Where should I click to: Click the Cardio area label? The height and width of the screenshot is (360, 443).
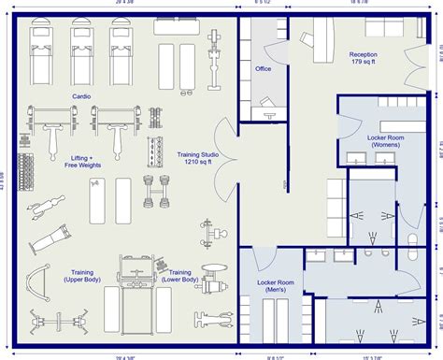tap(79, 96)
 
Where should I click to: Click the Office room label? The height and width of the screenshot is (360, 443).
tap(264, 68)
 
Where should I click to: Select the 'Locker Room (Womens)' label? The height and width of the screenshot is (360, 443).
tap(384, 141)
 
